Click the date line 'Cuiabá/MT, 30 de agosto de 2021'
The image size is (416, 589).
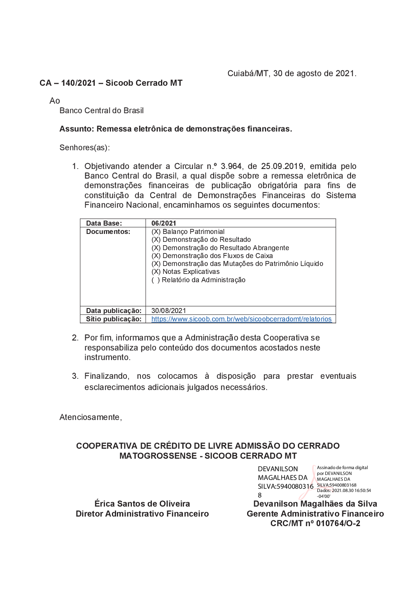[292, 74]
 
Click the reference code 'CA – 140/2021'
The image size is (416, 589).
[68, 83]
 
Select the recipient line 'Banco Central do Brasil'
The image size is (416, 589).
[102, 111]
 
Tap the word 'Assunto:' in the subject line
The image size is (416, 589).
[77, 129]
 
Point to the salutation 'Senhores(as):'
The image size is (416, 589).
[84, 148]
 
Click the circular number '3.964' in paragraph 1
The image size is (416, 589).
[231, 167]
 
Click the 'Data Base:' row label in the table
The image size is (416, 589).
[104, 224]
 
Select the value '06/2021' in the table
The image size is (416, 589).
[163, 224]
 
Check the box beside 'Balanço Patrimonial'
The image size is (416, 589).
[156, 232]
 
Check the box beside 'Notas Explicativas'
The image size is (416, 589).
[156, 272]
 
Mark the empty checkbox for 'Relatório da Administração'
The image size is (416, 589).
[156, 280]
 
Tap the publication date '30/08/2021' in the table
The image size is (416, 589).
[168, 311]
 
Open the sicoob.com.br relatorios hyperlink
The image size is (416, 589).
[241, 319]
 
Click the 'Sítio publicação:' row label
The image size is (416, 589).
[114, 319]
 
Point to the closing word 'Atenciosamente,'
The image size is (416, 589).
[91, 418]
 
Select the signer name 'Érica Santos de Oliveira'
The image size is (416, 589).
[142, 504]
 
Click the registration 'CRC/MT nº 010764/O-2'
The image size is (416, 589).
[315, 524]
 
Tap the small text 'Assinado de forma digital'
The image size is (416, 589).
[342, 468]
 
